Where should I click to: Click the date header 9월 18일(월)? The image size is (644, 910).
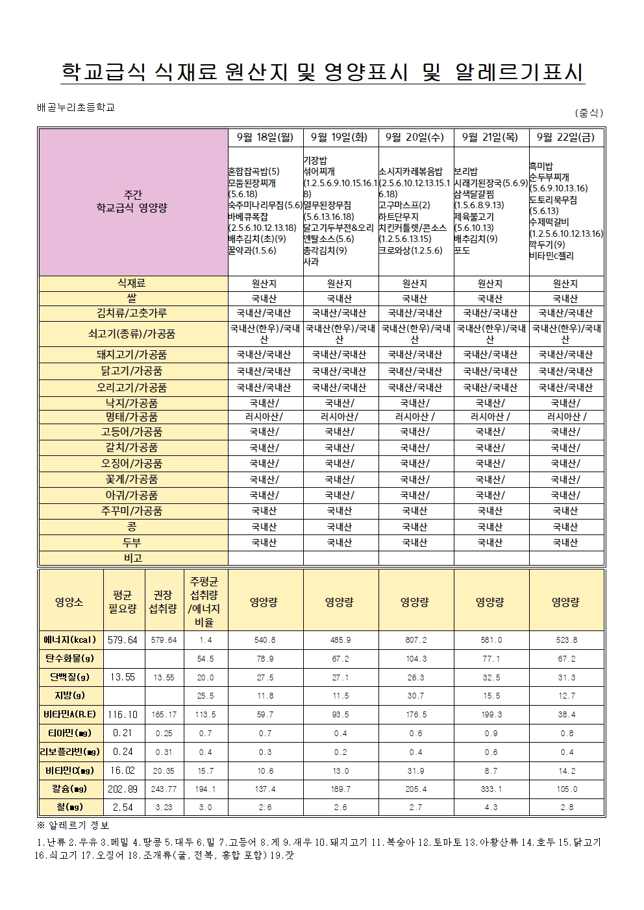pyautogui.click(x=266, y=137)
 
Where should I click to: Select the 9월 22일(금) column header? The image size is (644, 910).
pyautogui.click(x=566, y=137)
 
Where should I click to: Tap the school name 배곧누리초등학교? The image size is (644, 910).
pyautogui.click(x=76, y=108)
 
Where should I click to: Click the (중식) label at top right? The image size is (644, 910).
pyautogui.click(x=589, y=112)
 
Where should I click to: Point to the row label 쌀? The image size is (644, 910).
pyautogui.click(x=132, y=299)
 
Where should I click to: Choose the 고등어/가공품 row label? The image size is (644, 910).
pyautogui.click(x=132, y=432)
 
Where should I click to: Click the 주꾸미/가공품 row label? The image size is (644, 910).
pyautogui.click(x=132, y=511)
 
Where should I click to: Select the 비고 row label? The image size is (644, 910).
pyautogui.click(x=132, y=558)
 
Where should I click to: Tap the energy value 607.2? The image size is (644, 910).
pyautogui.click(x=415, y=640)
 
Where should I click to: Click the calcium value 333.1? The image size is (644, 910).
pyautogui.click(x=491, y=789)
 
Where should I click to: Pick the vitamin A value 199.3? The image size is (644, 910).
pyautogui.click(x=491, y=715)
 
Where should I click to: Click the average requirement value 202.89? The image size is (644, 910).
pyautogui.click(x=123, y=789)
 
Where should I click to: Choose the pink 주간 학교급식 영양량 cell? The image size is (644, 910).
pyautogui.click(x=132, y=202)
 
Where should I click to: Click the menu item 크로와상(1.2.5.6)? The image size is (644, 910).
pyautogui.click(x=411, y=250)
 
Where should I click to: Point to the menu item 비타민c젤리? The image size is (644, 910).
pyautogui.click(x=551, y=256)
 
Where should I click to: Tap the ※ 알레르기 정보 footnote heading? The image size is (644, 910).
pyautogui.click(x=74, y=825)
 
